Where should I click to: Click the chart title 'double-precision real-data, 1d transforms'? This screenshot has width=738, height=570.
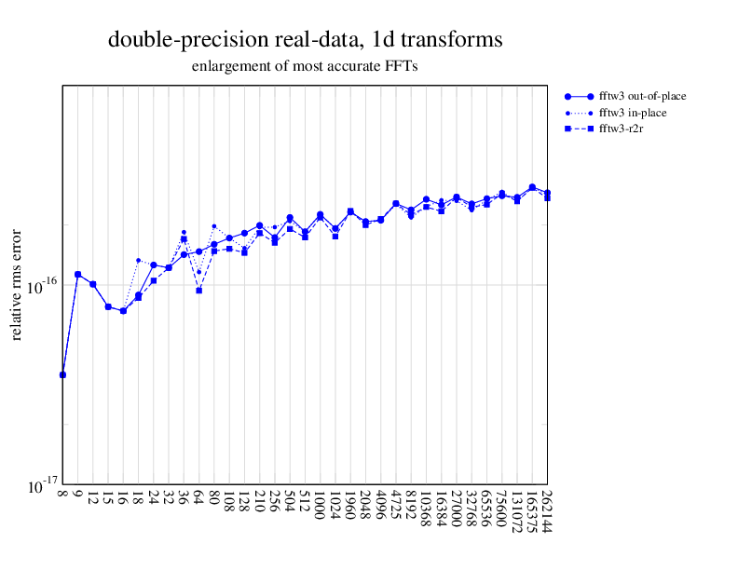[x=306, y=40]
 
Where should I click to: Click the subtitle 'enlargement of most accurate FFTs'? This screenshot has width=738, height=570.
[x=306, y=66]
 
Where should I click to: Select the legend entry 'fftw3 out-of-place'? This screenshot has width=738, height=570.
[x=642, y=96]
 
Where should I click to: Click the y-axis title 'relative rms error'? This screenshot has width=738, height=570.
[x=16, y=285]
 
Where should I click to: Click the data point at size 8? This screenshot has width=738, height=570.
[x=62, y=374]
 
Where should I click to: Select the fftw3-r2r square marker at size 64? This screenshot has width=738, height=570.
[x=199, y=291]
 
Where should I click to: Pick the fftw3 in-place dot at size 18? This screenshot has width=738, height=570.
[x=139, y=261]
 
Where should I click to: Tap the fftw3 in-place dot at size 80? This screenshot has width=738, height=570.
[x=214, y=225]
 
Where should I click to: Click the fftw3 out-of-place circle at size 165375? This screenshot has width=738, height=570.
[x=532, y=187]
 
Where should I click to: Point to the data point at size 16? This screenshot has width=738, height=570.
[x=123, y=311]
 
